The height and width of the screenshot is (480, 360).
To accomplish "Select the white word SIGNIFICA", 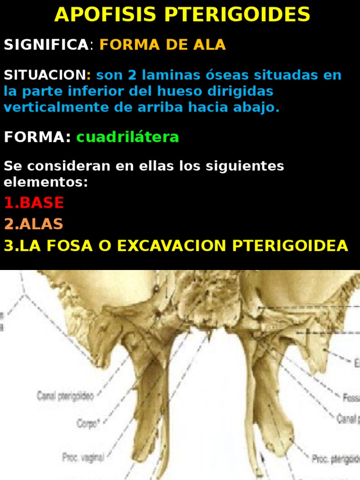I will [46, 45].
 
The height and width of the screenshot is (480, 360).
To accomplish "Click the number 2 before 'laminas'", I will [131, 75].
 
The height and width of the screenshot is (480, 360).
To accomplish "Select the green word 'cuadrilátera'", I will [127, 137].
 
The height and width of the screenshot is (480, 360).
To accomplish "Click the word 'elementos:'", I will [46, 182].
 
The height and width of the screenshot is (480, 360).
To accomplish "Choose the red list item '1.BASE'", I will [34, 203].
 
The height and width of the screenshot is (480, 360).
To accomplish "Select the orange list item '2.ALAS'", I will [33, 224].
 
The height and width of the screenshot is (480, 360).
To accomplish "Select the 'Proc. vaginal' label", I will [83, 456].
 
